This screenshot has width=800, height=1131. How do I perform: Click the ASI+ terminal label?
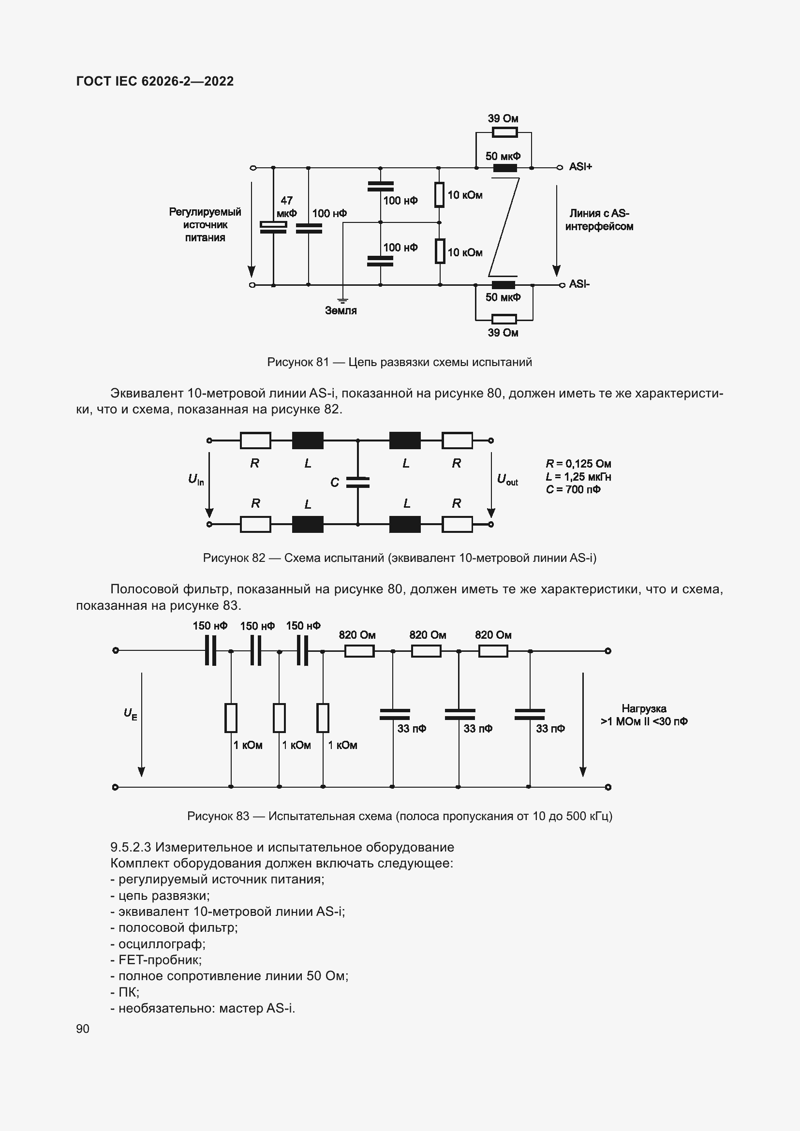point(580,167)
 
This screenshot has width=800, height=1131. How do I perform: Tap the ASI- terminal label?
point(579,284)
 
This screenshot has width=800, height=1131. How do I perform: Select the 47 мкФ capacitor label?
point(286,207)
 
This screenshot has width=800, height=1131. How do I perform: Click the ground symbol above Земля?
point(342,300)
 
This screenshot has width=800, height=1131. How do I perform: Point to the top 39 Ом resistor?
point(504,132)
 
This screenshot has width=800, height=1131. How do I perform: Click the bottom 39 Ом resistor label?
point(503,333)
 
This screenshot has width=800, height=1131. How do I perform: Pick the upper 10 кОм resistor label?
point(464,195)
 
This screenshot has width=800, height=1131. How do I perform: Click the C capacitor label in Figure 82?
point(335,483)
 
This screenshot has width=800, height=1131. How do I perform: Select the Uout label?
point(507,479)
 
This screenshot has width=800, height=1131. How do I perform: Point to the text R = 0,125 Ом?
point(578,464)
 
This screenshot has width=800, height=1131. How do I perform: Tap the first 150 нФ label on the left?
point(210,626)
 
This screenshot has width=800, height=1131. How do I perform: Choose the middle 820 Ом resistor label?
point(427,635)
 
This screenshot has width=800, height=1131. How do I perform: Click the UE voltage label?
point(130,714)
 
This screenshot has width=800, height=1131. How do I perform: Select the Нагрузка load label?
point(643,709)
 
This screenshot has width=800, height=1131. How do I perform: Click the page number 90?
point(83,1028)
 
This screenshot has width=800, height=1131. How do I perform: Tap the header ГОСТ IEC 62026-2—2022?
point(155,81)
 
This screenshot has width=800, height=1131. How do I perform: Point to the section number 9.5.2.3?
point(131,847)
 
